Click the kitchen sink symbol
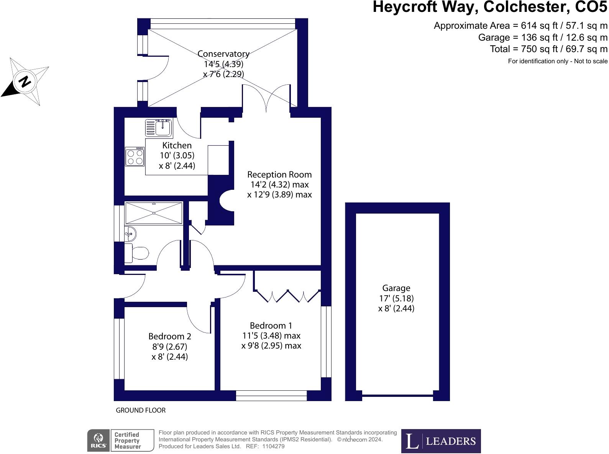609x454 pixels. coord(159,128)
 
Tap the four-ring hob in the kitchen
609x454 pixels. coord(135,156)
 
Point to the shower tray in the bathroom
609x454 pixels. coord(154,213)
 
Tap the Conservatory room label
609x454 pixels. coord(223,54)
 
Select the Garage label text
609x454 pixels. coord(396,288)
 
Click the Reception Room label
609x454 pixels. coord(279,174)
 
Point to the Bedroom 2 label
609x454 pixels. coord(170,336)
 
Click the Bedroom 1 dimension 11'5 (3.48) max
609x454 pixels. coord(271,336)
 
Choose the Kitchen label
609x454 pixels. coord(177,145)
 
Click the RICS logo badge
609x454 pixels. coord(98,440)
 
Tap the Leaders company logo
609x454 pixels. coord(441,441)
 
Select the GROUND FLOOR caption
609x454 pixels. coord(141,410)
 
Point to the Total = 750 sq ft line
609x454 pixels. coord(548,49)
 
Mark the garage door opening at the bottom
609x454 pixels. coord(397,395)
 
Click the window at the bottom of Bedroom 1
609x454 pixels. coord(271,396)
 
